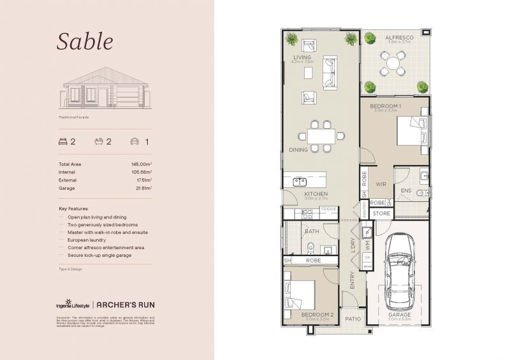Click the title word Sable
click(x=85, y=41)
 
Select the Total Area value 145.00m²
click(x=141, y=164)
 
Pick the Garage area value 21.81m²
click(x=141, y=188)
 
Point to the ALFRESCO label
click(x=399, y=38)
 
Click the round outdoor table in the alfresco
click(x=391, y=62)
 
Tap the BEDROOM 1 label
click(x=386, y=105)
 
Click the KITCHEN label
click(x=316, y=194)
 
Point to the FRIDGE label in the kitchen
click(x=328, y=209)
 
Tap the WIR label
click(x=381, y=185)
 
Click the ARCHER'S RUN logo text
click(x=124, y=305)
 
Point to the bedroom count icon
click(x=62, y=141)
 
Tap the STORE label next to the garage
click(x=381, y=213)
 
